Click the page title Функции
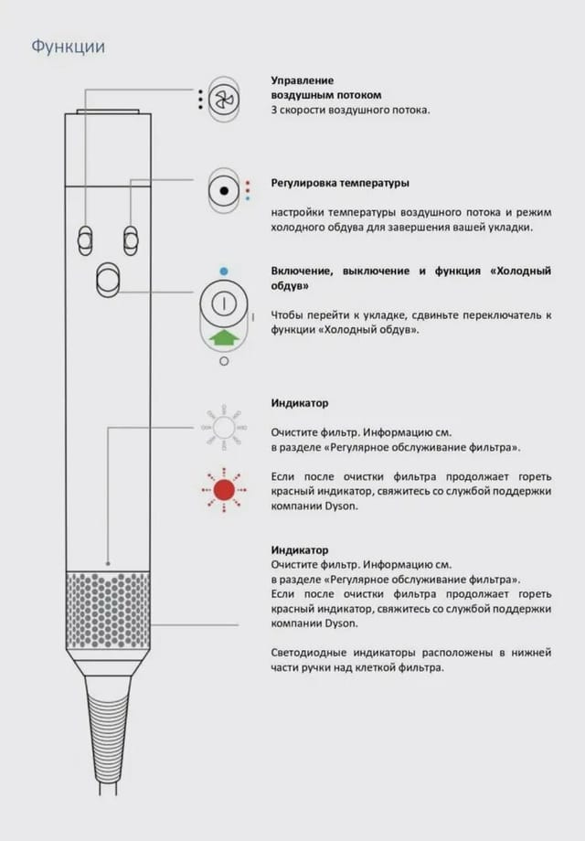point(68,46)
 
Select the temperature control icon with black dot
point(223,191)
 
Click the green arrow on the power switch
point(222,338)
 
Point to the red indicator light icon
point(224,489)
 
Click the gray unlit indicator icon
point(224,426)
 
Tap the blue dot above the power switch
point(224,271)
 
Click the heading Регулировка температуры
point(340,183)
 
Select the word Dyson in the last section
point(339,623)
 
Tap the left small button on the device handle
point(85,240)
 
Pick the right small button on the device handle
point(131,240)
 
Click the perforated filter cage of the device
point(108,611)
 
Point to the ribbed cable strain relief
point(108,731)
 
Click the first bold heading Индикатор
point(299,402)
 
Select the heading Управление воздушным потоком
point(325,88)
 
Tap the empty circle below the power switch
point(224,361)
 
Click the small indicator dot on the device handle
point(108,563)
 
